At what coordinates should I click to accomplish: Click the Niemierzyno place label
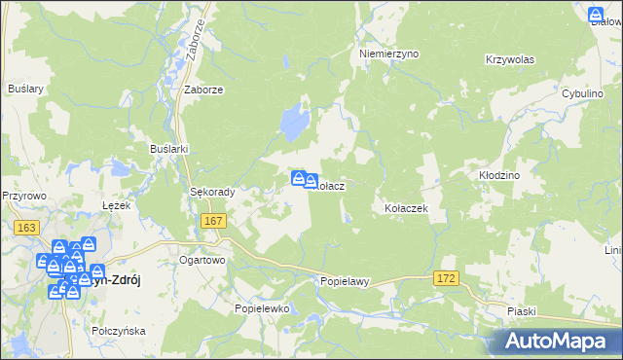388,54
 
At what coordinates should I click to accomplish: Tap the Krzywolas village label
510,59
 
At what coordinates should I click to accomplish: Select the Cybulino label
585,92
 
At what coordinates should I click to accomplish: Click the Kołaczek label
407,208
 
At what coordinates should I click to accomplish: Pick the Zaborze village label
204,89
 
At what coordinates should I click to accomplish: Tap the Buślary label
26,88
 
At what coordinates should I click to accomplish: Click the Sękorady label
212,192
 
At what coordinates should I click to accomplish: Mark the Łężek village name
116,205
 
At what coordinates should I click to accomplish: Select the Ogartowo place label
202,261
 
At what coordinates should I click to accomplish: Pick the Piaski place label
523,310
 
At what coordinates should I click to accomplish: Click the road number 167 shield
214,222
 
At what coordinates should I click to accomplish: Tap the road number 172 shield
447,279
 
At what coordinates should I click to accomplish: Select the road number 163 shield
27,227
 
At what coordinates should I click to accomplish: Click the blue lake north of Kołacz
290,124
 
